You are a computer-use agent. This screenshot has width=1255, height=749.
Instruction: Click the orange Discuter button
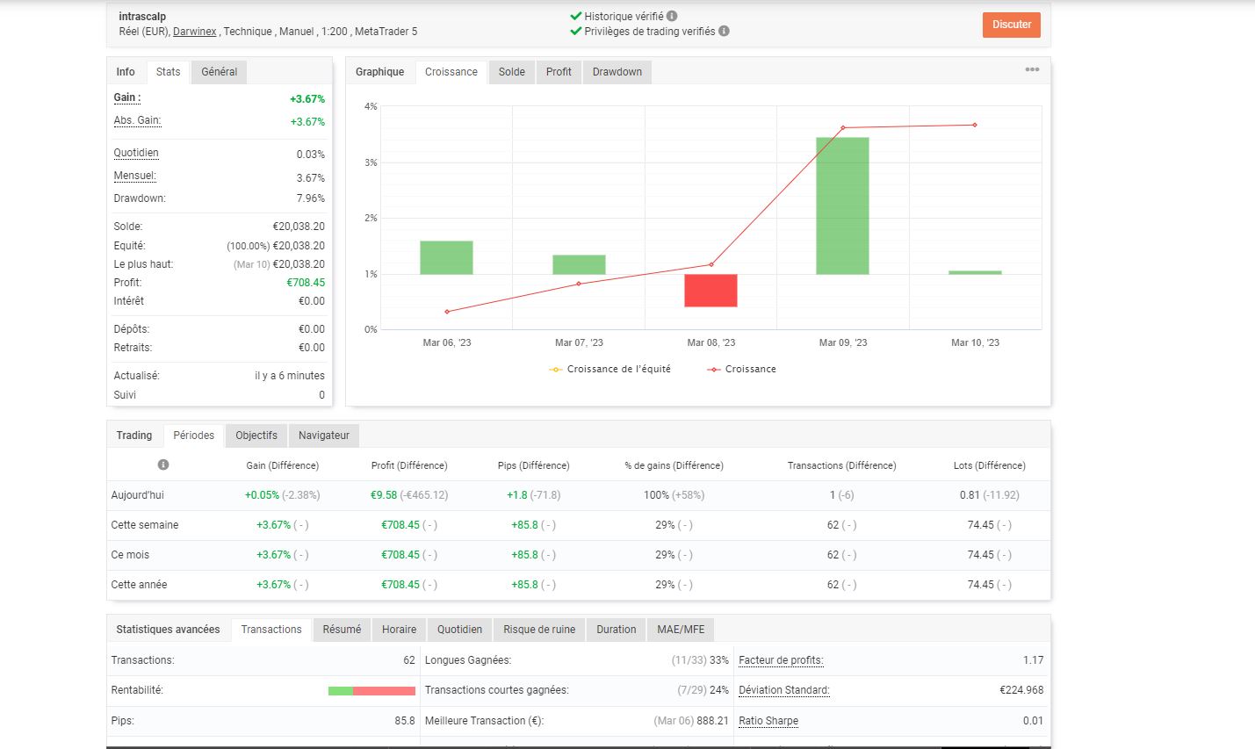pos(1011,25)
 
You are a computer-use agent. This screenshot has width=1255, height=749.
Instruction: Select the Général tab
pos(219,72)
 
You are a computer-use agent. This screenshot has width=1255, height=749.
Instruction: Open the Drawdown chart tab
pos(617,72)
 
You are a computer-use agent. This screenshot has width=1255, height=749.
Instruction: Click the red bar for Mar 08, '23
pos(710,290)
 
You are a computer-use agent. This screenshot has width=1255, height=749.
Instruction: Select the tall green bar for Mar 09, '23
pos(842,205)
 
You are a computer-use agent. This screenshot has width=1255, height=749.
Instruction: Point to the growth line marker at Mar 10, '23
pos(975,125)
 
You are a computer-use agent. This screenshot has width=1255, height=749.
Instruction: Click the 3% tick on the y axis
pos(371,162)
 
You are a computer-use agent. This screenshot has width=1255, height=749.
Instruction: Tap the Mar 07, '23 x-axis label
pos(579,342)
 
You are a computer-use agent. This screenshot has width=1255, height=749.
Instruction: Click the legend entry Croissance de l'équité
pos(609,369)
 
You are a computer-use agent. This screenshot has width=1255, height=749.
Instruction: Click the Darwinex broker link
pos(194,32)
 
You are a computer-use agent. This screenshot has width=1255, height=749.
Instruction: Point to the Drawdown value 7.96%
pos(310,198)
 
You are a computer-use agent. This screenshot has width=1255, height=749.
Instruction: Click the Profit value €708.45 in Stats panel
pos(306,283)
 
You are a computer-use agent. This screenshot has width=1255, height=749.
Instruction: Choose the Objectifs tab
pos(256,436)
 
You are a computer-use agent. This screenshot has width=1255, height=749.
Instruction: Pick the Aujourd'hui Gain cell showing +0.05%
pos(262,495)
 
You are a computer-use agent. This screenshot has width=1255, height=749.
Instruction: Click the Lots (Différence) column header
pos(990,465)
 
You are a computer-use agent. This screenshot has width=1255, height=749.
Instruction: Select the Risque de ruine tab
pos(539,629)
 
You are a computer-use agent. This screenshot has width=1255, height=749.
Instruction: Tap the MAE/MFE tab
pos(681,629)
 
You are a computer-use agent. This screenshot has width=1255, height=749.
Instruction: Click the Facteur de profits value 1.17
pos(1033,660)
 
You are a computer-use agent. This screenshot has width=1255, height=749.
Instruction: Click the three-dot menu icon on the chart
pos(1032,69)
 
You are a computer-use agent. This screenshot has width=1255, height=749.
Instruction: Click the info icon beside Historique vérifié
pos(672,17)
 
